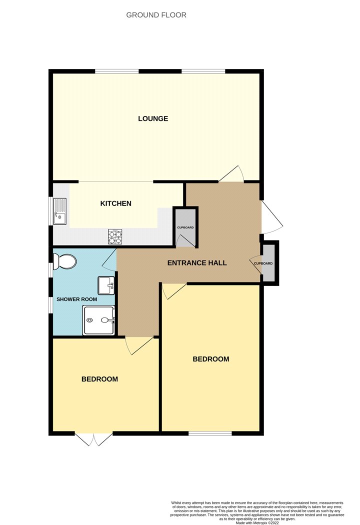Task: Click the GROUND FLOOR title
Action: (x=156, y=15)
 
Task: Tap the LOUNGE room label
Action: (x=153, y=118)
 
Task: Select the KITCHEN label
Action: (x=116, y=203)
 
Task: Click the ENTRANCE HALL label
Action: (x=197, y=263)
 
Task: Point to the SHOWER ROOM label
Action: (x=76, y=299)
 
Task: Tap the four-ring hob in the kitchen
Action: (x=115, y=236)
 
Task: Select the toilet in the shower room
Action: (x=65, y=261)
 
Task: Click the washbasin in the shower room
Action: (x=106, y=285)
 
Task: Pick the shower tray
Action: (x=99, y=320)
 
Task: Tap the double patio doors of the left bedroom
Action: (x=93, y=439)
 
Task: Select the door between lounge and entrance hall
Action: (x=231, y=174)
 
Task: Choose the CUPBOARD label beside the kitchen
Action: (x=185, y=227)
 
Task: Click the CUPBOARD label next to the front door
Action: (x=263, y=263)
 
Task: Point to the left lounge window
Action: (x=117, y=71)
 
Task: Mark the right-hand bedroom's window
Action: (x=210, y=433)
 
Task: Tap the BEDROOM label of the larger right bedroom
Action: (x=211, y=359)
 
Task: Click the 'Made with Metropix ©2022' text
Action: (x=257, y=522)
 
